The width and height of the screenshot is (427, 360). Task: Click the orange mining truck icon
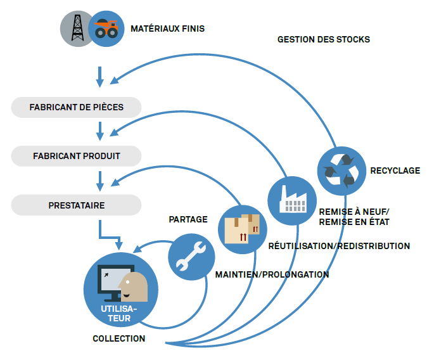point(106,29)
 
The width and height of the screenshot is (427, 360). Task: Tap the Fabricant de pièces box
point(76,107)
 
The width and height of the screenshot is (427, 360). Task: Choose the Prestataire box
point(76,205)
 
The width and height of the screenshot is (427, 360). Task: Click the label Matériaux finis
point(167,29)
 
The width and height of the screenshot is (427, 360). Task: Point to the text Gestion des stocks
point(323,39)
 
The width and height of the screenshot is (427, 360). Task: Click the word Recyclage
point(395,170)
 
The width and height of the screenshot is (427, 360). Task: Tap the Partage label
point(188,219)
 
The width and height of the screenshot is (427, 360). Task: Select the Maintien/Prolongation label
point(272,274)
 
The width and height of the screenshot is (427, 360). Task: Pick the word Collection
point(118,338)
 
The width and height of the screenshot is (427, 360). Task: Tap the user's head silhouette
point(135,286)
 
